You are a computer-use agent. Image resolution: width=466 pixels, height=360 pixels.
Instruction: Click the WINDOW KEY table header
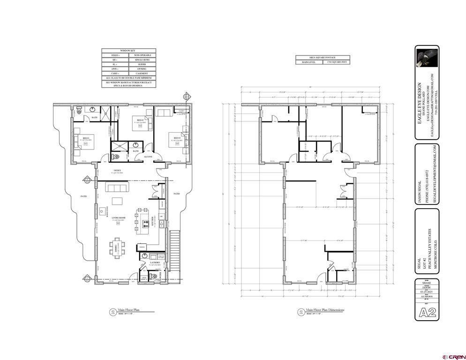click(129, 50)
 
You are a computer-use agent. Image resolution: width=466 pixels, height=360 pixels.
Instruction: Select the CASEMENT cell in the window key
click(142, 74)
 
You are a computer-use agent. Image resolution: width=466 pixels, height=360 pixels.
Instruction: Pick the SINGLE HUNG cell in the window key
click(142, 60)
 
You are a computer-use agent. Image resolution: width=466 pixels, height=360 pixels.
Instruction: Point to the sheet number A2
click(427, 314)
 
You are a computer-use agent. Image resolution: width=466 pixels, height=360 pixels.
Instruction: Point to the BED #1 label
click(86, 138)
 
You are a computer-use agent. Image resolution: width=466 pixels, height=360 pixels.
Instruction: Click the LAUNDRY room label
click(155, 262)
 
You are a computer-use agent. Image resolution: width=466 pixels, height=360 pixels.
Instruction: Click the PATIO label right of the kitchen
click(177, 194)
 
